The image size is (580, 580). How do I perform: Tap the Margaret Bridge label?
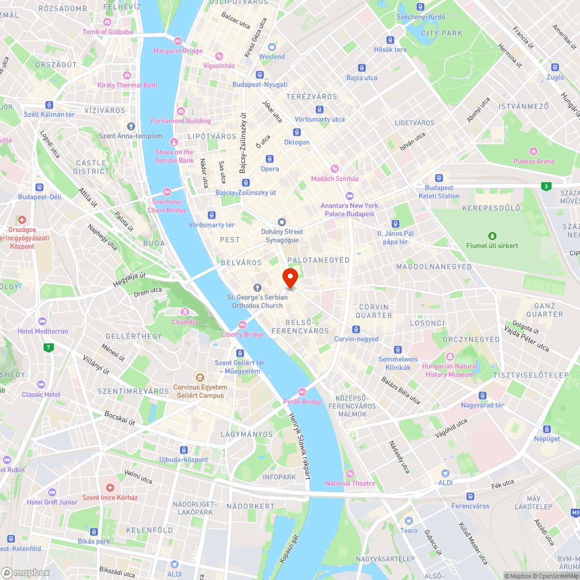[178, 50]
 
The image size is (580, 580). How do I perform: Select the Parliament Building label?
[181, 121]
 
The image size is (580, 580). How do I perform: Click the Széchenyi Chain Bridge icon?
[167, 192]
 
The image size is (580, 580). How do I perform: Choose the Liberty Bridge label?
[242, 334]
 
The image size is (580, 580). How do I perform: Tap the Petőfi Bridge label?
[302, 401]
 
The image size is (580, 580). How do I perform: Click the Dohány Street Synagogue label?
[282, 235]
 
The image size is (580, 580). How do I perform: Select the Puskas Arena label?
[534, 161]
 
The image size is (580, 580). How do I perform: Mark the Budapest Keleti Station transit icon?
[439, 179]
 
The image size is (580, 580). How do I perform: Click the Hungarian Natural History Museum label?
[450, 370]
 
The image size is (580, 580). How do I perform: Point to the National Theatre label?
[350, 483]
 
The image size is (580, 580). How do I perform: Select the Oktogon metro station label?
[296, 142]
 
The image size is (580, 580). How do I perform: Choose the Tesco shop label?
[408, 530]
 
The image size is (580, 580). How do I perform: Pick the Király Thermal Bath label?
[127, 85]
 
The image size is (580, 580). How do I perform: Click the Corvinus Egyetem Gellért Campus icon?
[200, 377]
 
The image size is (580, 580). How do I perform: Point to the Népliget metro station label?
[547, 438]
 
